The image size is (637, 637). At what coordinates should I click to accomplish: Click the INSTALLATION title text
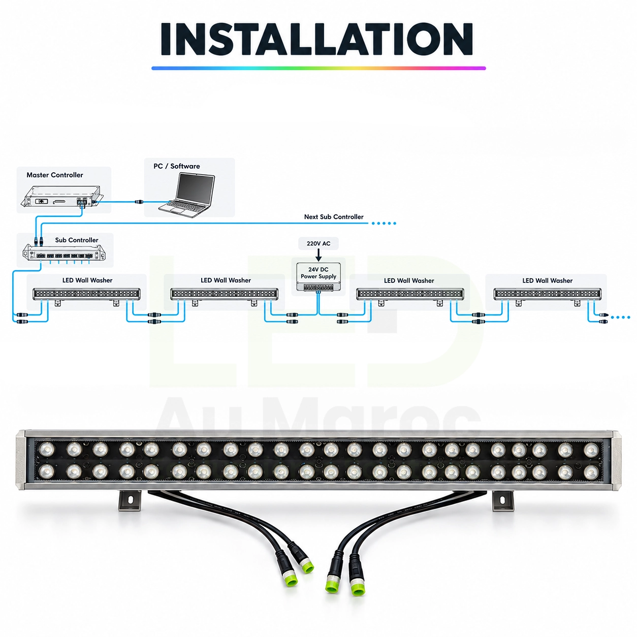point(316,39)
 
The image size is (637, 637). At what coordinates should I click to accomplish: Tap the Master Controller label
point(55,175)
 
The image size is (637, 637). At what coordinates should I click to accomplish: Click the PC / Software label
point(177,166)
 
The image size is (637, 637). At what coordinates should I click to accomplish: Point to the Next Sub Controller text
point(334,217)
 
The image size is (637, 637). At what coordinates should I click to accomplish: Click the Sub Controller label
point(77,240)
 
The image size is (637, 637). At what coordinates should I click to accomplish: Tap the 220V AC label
point(318,244)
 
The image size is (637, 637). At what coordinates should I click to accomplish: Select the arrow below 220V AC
point(318,255)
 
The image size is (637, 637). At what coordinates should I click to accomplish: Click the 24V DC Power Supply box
point(318,277)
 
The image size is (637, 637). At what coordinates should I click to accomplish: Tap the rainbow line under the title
point(318,69)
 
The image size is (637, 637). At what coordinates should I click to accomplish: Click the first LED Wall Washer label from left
point(87,280)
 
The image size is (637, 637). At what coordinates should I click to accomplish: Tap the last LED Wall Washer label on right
point(547,280)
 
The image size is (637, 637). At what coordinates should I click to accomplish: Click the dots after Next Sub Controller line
point(384,223)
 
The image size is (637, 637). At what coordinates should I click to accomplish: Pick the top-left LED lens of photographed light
point(46,449)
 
